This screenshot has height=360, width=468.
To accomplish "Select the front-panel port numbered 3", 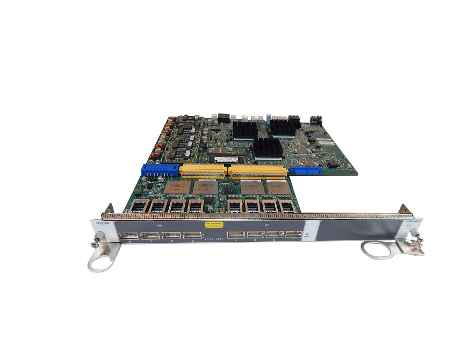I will tap(192, 235).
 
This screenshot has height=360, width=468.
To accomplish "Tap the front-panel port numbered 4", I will tap(236, 235).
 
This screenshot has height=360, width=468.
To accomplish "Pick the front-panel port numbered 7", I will tap(293, 234).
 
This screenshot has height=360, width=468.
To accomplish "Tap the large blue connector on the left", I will tap(160, 171).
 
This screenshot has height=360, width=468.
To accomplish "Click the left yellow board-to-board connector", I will tap(203, 171).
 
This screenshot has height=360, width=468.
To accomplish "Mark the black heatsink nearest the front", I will tap(267, 147).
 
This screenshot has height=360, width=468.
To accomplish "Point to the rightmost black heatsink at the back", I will tap(283, 126).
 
